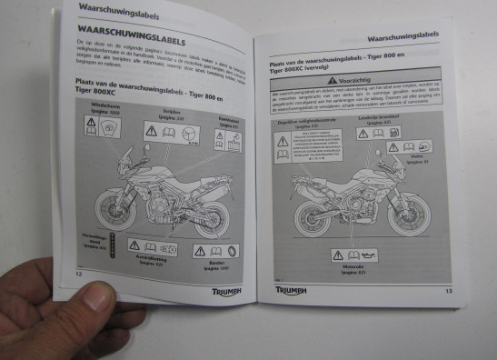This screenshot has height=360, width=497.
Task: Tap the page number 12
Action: tap(78, 272)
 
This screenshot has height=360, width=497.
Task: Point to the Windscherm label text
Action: tap(99, 109)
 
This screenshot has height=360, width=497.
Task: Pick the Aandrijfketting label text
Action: tap(147, 265)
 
